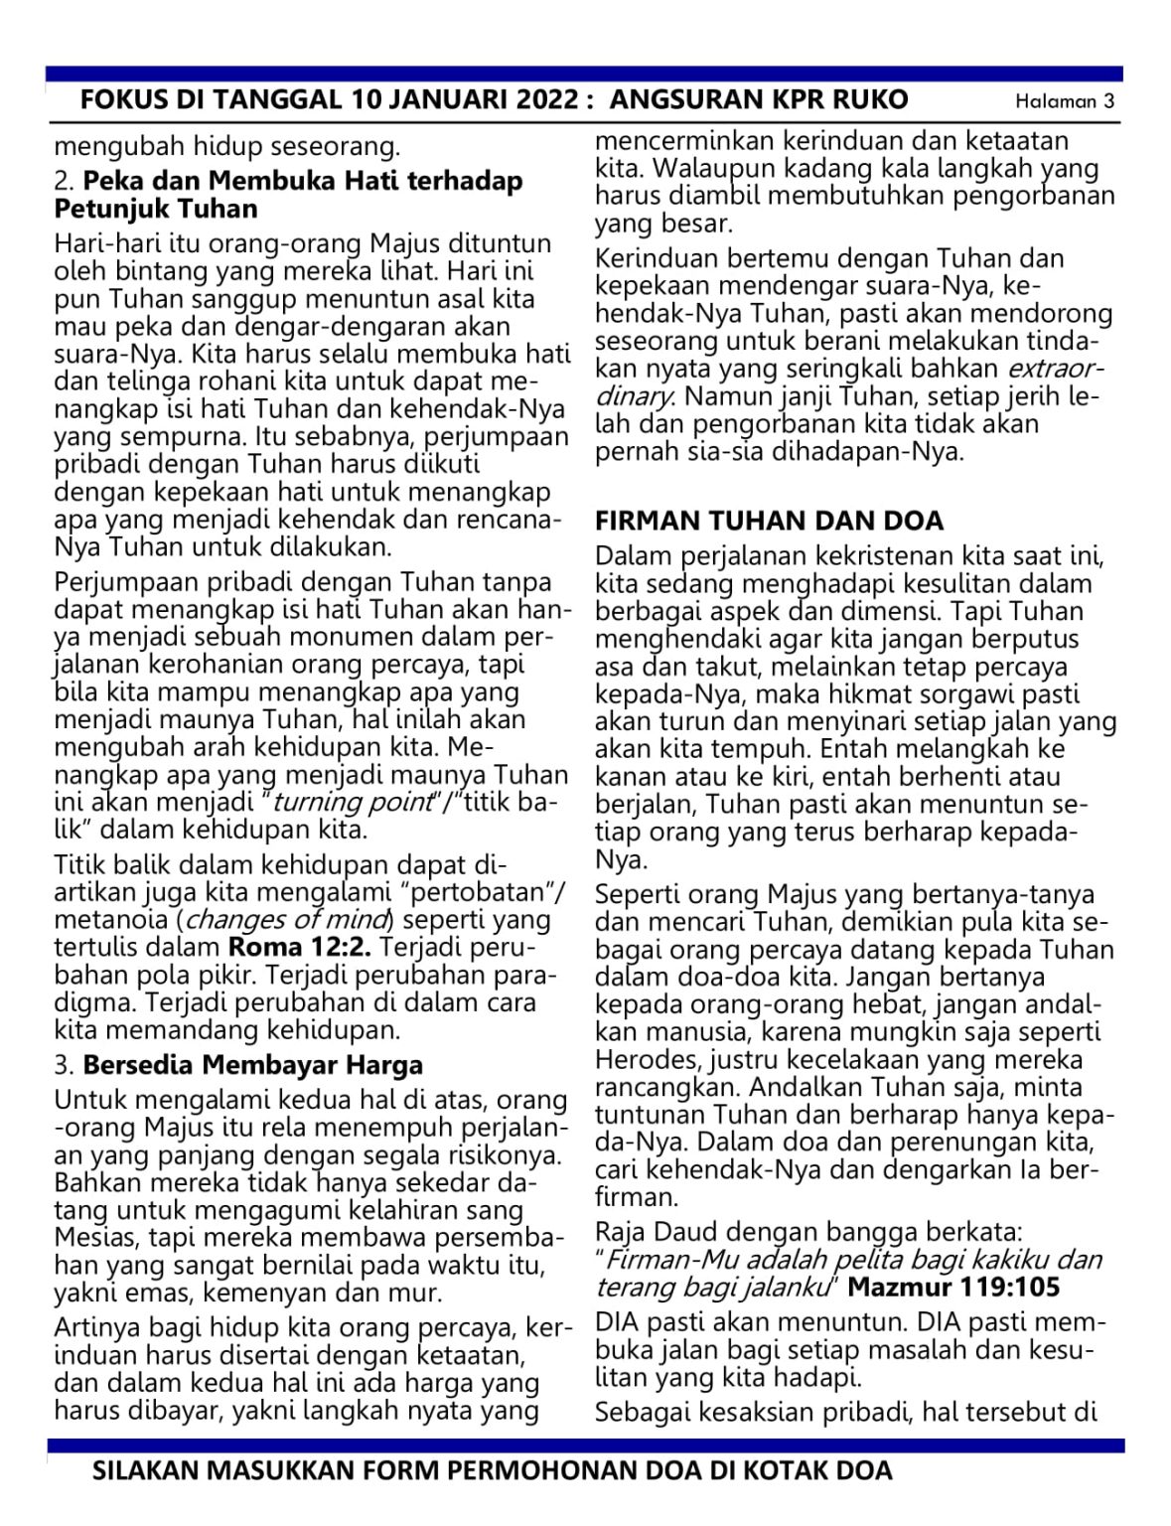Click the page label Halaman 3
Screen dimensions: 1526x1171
pos(1064,101)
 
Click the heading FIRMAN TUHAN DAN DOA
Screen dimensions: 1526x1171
pos(769,521)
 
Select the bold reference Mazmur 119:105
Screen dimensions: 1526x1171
pos(953,1288)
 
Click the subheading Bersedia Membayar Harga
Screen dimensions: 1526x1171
pos(252,1065)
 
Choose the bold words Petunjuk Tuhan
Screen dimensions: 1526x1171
pos(156,210)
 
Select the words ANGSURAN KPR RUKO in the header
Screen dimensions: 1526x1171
pos(759,100)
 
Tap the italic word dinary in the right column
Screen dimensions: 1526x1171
pos(634,396)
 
